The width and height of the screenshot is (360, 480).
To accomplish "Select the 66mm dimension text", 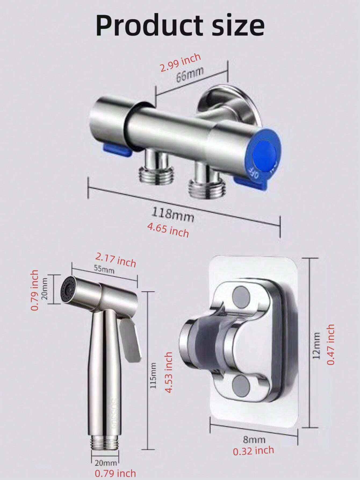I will point(190,74).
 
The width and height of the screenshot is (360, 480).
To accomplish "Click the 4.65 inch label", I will point(168,230).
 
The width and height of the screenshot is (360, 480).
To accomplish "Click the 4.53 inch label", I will point(168,372).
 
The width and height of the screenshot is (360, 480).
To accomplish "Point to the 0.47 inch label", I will point(331,344).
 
